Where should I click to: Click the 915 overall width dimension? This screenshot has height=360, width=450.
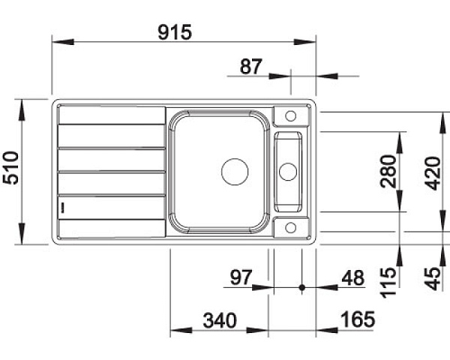pos(175,32)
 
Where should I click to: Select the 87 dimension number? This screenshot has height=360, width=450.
pos(251,67)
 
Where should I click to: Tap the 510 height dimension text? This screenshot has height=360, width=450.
pos(11,168)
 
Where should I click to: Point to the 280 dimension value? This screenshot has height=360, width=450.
pos(388,172)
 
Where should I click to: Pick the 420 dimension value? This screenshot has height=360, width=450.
pos(433,173)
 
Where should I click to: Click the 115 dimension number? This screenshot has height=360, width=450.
pos(388,283)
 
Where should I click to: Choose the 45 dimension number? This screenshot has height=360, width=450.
pos(433,279)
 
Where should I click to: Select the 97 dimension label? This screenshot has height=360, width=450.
pos(241,277)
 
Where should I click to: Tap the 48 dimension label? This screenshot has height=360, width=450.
pos(353,278)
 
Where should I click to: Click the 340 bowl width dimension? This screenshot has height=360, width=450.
pos(220,321)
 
